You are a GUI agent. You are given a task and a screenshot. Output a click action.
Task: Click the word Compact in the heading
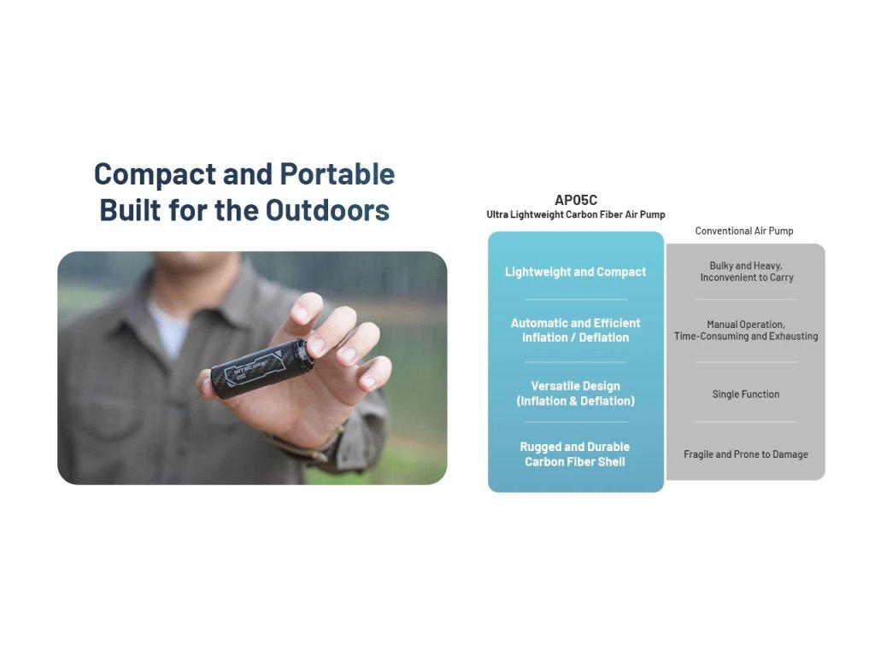(x=155, y=174)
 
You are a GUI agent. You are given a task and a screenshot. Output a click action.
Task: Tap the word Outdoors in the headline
(x=327, y=210)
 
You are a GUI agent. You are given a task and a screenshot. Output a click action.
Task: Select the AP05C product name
(x=576, y=200)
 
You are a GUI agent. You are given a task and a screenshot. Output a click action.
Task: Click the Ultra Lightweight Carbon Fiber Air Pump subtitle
(x=576, y=214)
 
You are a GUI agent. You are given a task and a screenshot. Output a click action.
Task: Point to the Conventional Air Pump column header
(x=744, y=231)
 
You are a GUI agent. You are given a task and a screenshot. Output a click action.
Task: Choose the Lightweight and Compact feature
(x=575, y=272)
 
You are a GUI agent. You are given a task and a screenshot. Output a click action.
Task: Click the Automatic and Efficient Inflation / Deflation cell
(x=575, y=331)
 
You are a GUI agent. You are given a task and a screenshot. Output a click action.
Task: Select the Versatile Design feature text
(x=575, y=393)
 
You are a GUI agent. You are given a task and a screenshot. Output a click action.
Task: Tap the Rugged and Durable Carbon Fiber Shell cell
(x=575, y=454)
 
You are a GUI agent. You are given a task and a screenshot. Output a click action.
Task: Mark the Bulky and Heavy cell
(x=746, y=272)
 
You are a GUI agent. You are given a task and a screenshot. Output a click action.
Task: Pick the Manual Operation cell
(x=746, y=331)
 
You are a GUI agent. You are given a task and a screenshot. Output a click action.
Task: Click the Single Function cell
(x=745, y=395)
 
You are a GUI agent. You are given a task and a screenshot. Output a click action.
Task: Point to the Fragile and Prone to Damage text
(x=745, y=454)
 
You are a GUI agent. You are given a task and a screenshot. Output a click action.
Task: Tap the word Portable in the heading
(x=337, y=174)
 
